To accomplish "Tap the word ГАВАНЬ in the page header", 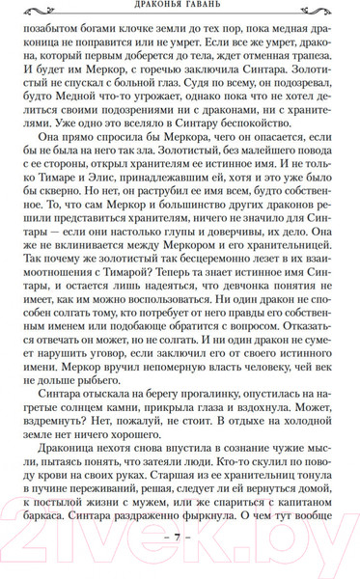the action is tap(212, 7).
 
